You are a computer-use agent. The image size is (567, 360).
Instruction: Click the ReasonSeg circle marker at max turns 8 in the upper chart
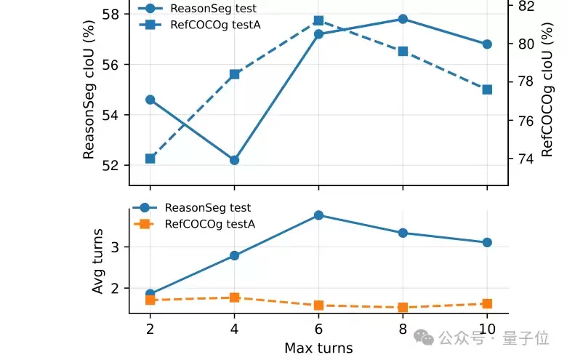click(403, 19)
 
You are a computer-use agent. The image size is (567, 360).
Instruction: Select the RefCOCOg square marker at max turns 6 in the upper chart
click(318, 20)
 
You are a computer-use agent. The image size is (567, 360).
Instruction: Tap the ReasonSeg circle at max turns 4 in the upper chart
click(234, 160)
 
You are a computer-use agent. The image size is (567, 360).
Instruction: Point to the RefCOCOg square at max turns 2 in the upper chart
click(150, 159)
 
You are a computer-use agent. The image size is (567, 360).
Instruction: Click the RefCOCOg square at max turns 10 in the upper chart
click(487, 89)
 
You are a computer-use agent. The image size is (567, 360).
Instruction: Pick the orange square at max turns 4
click(234, 297)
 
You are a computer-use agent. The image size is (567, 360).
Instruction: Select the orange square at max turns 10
click(487, 304)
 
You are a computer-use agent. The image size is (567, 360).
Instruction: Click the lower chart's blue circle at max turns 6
click(318, 215)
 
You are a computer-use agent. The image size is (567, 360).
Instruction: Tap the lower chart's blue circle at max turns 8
click(403, 233)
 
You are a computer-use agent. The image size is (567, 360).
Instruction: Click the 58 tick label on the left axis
click(110, 15)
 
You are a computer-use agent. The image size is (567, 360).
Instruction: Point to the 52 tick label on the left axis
click(110, 165)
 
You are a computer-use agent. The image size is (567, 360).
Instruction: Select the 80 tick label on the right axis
click(526, 44)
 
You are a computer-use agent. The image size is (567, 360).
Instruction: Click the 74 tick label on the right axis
click(526, 159)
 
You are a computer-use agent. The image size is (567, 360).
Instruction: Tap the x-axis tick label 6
click(318, 329)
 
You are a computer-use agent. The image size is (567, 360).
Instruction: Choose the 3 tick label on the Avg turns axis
click(115, 247)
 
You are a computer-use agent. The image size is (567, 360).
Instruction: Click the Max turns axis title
click(318, 348)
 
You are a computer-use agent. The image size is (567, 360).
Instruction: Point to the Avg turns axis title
click(97, 261)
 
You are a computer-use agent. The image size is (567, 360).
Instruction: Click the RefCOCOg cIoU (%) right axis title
click(547, 89)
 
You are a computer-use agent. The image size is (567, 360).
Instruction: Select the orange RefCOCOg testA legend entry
click(194, 224)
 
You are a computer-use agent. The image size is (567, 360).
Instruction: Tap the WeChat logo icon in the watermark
click(424, 337)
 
